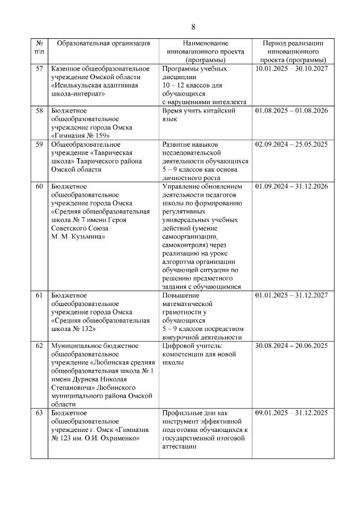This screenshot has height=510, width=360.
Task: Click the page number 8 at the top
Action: (193, 27)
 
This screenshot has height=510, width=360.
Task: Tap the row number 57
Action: (39, 69)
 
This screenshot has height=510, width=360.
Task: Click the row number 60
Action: (39, 186)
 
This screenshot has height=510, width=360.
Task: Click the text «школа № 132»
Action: (72, 329)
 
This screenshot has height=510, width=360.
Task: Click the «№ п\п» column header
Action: (39, 47)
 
